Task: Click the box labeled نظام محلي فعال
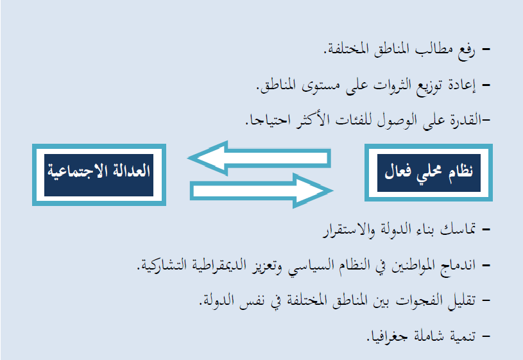tap(429, 173)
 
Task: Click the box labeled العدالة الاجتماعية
tap(99, 175)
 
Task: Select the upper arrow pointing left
tap(259, 158)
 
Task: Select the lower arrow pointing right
tap(262, 191)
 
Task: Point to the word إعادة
tap(461, 85)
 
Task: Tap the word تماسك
tap(458, 229)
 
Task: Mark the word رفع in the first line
tap(467, 51)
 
